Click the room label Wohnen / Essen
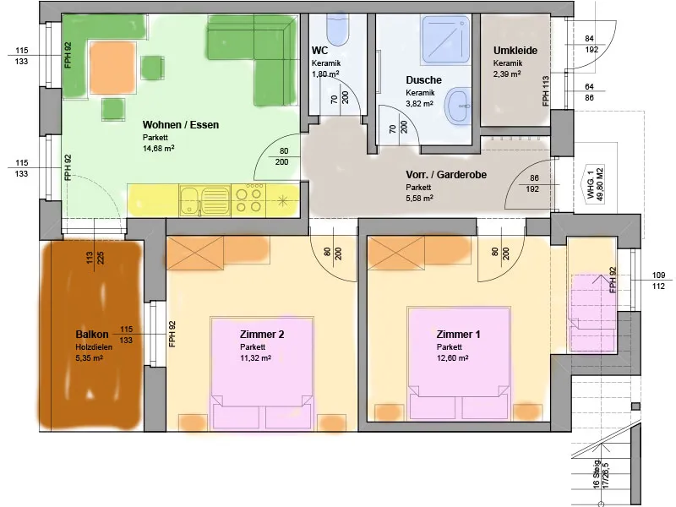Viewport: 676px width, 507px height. (180, 124)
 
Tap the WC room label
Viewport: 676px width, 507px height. (320, 50)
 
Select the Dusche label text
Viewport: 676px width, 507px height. (423, 80)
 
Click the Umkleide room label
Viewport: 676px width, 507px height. (515, 51)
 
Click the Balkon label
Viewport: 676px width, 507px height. (91, 334)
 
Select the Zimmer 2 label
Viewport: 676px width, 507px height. (262, 335)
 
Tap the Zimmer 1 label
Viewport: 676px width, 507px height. (459, 335)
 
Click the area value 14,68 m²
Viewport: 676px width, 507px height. (159, 148)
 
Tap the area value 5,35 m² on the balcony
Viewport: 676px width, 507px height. (89, 358)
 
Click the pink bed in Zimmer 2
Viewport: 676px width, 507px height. (263, 373)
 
